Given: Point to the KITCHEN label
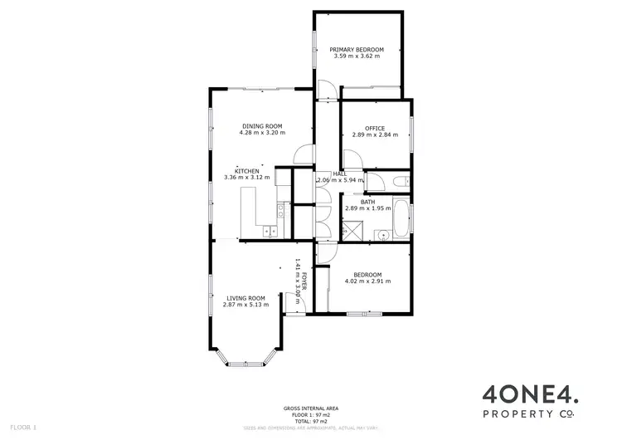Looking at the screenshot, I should pos(247,171).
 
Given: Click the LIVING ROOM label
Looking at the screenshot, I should pos(245,298).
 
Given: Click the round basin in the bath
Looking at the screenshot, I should pos(382,236).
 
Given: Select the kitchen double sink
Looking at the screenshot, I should pos(270,232).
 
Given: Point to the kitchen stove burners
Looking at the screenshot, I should pos(282,211).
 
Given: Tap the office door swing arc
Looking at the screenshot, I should pos(352,156).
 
